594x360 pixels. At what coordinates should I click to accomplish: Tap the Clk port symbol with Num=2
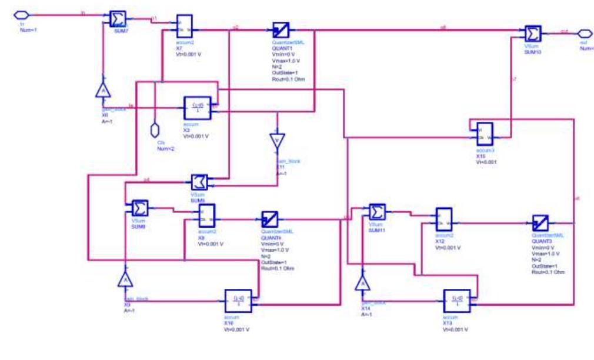pos(156,128)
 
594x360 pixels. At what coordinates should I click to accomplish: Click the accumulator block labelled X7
pos(184,25)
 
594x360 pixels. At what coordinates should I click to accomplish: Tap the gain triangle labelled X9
pos(124,279)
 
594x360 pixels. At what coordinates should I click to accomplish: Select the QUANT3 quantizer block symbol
pos(540,224)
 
